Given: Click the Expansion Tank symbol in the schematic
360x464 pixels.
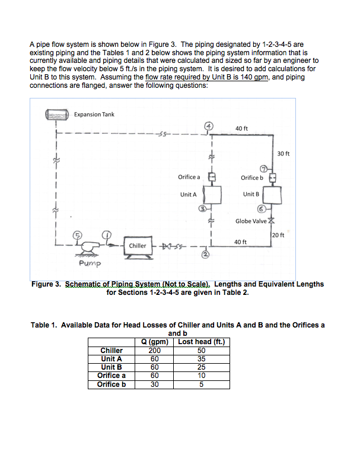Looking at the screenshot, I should [x=58, y=115].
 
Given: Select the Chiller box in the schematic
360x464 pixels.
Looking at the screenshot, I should [x=138, y=246].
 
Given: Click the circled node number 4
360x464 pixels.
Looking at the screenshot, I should [x=209, y=126].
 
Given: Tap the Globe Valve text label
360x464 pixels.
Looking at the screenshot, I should [x=251, y=221].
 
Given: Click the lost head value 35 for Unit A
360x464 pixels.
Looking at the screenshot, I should [x=200, y=358].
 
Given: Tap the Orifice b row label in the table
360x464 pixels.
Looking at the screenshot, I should [x=111, y=384].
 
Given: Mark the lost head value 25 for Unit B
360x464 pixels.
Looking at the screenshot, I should [x=200, y=367].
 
